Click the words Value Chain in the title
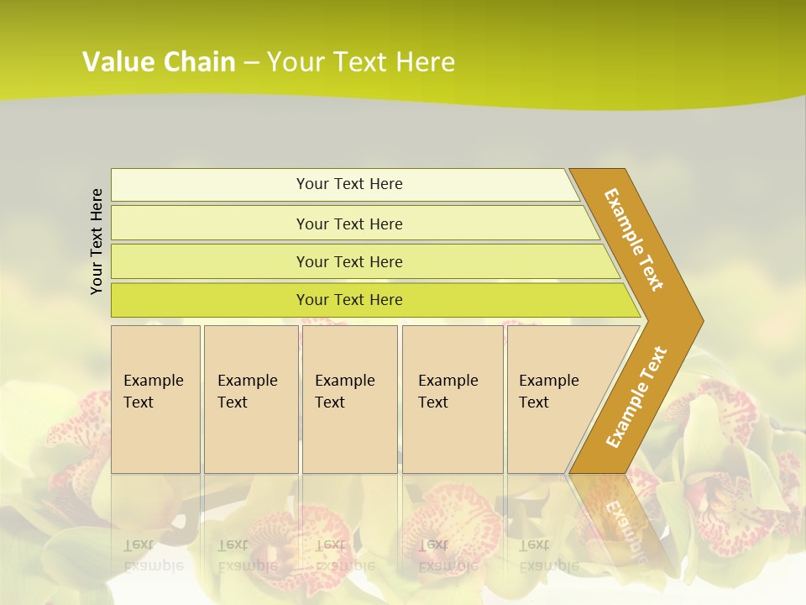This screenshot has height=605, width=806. (159, 62)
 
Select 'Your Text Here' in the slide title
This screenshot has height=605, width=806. (361, 62)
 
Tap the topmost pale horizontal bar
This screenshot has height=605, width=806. (210, 185)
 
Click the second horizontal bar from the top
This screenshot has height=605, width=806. (210, 224)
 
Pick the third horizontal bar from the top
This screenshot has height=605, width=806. (210, 261)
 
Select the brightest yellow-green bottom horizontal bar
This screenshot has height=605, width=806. (210, 300)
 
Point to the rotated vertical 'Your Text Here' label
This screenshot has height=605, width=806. (97, 242)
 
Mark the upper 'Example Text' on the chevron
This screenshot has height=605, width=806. (634, 239)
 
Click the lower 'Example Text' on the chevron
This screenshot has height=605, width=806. (636, 397)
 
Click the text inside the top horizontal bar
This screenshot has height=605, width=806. (349, 184)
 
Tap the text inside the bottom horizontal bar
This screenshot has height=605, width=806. (349, 300)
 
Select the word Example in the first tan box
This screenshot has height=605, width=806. (153, 381)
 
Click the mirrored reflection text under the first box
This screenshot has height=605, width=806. (153, 555)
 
